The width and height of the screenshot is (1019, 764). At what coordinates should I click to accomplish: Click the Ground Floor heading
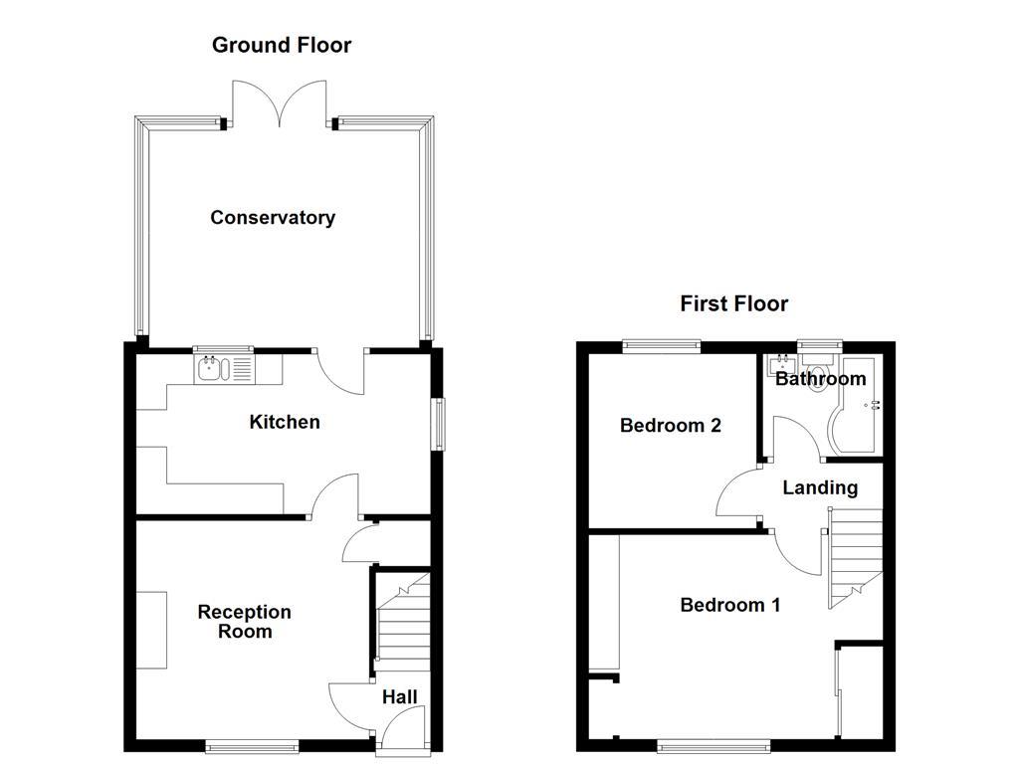282,45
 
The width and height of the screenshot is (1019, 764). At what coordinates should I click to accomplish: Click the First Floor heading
733,303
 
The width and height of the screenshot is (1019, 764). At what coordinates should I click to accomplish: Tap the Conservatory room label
272,218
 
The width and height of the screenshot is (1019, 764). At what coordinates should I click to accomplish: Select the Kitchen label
284,422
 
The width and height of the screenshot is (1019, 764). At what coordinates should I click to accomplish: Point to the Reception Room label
244,622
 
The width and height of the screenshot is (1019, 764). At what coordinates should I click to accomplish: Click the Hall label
400,698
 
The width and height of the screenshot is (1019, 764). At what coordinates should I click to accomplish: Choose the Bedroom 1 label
729,605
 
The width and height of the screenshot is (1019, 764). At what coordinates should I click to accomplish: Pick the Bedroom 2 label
670,426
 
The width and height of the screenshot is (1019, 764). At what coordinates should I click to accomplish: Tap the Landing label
819,487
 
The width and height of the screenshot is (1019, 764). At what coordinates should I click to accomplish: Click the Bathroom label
820,379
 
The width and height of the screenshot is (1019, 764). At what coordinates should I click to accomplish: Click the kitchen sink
223,370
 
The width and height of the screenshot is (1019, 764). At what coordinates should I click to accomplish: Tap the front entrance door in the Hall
401,731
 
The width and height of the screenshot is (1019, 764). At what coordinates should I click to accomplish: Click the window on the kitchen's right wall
436,424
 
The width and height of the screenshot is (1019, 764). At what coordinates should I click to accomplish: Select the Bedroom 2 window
662,345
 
